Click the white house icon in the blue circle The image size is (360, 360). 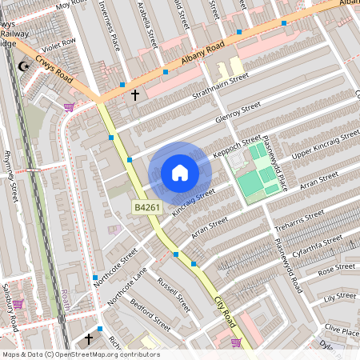pyautogui.click(x=180, y=173)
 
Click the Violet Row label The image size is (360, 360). pyautogui.click(x=59, y=43)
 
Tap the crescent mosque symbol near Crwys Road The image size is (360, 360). pyautogui.click(x=24, y=66)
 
